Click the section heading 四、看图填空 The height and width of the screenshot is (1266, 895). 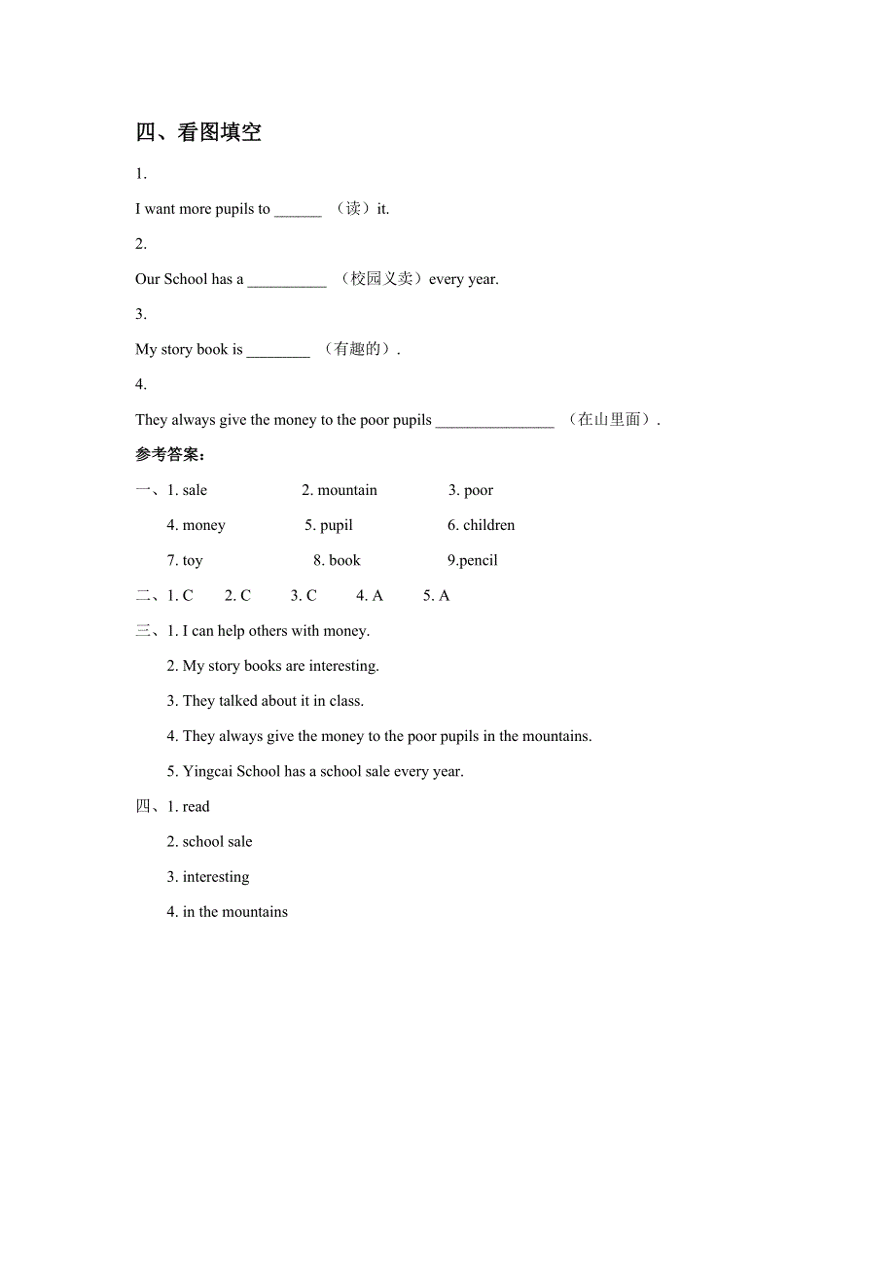pos(198,132)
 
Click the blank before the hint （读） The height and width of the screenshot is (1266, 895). pos(298,211)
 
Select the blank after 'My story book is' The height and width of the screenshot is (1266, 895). pos(278,352)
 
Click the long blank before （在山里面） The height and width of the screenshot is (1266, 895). pos(494,422)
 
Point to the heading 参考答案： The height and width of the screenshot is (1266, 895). pos(170,455)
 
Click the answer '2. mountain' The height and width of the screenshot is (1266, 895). pos(340,490)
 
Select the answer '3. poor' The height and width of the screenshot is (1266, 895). pos(471,490)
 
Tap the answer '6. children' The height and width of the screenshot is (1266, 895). pos(482,525)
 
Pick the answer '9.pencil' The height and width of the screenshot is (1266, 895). pos(473,560)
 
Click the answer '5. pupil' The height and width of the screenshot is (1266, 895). pos(329,525)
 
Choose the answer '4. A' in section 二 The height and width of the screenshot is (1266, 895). pos(370,595)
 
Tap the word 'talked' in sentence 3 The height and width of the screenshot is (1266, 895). pos(238,701)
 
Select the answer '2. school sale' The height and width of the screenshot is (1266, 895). pos(209,841)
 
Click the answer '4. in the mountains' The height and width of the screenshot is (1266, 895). pos(228,911)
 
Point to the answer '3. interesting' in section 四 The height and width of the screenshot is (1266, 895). pos(208,876)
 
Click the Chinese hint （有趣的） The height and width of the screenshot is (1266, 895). pos(357,349)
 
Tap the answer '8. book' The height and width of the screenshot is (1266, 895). pos(337,560)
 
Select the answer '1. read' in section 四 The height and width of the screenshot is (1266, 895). pos(189,806)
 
